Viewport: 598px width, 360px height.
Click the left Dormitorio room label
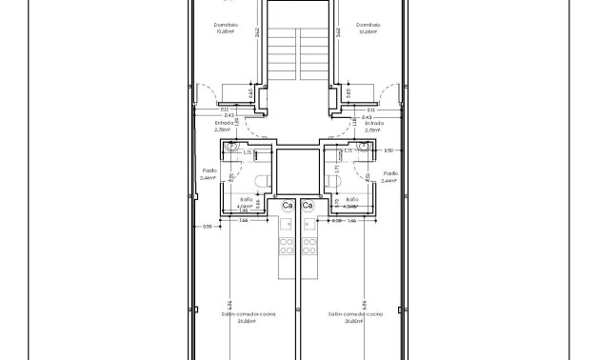coord(225,25)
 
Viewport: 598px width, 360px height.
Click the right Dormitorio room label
coord(369,25)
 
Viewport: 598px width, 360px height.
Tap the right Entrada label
coord(374,124)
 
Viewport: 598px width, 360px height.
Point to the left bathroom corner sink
coord(231,149)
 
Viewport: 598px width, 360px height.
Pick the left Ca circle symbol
coord(287,206)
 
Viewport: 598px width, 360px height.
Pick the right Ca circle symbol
coord(308,206)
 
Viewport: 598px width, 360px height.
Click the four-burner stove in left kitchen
coord(286,247)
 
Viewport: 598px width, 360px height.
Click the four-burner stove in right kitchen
coord(309,247)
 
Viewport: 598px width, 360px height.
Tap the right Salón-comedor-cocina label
coord(354,313)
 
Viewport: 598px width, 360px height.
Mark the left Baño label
coord(245,200)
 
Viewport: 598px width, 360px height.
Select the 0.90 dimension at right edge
coord(389,150)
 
